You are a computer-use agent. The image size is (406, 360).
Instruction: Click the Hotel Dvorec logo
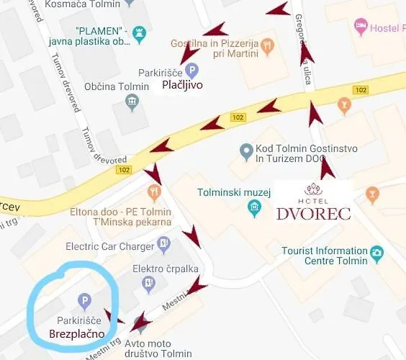[314, 202]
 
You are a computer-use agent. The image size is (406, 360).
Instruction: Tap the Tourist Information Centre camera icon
[376, 253]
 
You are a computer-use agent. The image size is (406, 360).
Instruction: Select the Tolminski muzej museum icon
[253, 208]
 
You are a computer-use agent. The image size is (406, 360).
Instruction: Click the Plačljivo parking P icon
[191, 71]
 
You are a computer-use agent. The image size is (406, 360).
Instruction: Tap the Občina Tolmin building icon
[132, 101]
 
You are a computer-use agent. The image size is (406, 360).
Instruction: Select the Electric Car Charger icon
[165, 246]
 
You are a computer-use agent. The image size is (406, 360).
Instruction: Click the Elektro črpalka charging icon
[149, 283]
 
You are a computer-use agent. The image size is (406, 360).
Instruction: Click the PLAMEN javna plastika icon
[140, 32]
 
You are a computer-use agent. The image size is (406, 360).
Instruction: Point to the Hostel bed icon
[361, 27]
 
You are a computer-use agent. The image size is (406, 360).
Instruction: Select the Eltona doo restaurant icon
[153, 193]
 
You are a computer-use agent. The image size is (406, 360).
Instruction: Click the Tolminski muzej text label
[233, 192]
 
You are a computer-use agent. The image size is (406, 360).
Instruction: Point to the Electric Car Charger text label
[110, 246]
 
